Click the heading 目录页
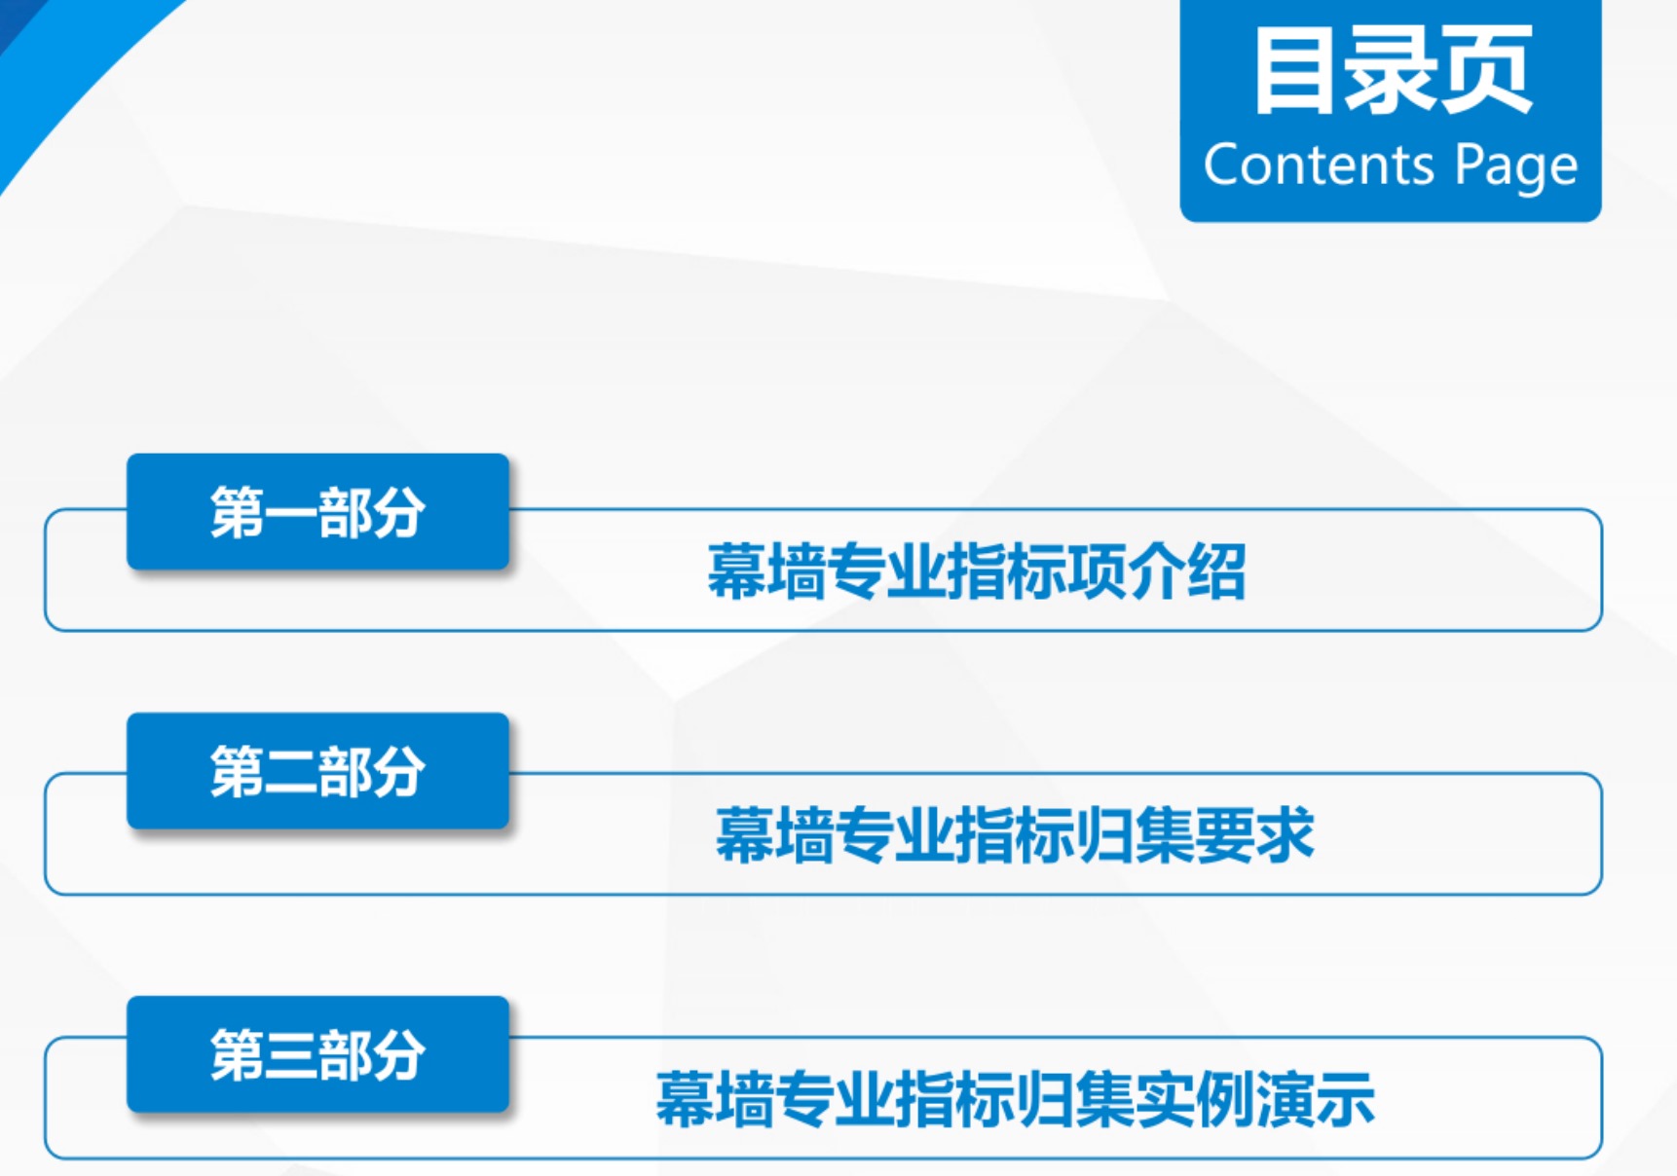coord(1393,70)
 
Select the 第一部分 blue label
coord(317,511)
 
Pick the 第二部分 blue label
coord(317,771)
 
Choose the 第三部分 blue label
coord(317,1054)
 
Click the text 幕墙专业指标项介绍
coord(977,571)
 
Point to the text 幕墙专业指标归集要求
coord(1015,835)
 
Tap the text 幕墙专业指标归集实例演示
coord(1015,1099)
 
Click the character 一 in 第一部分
coord(291,513)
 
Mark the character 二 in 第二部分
coord(291,772)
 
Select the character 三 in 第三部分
coord(291,1055)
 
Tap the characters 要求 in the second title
coord(1255,835)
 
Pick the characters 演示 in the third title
coord(1316,1099)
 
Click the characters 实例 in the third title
coord(1195,1099)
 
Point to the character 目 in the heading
coord(1294,70)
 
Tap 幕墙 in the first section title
coord(767,571)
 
